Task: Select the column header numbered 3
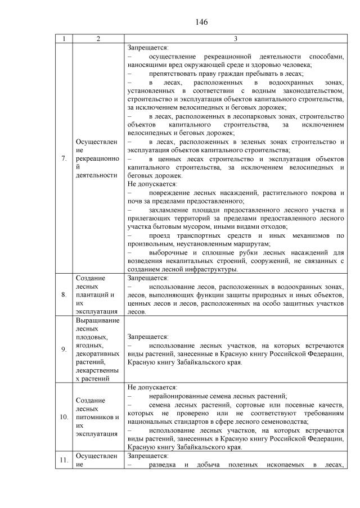click(x=235, y=39)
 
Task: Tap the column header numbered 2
click(x=98, y=39)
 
